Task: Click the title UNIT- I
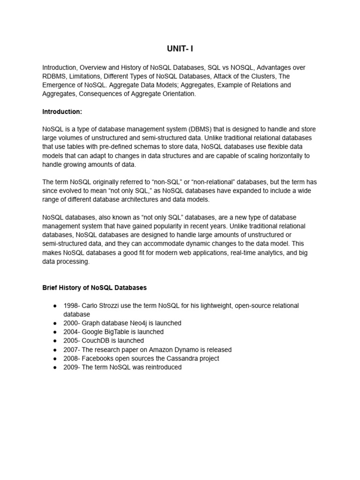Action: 180,49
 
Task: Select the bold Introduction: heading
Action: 62,112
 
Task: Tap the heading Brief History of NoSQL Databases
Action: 95,287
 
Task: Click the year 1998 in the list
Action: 71,306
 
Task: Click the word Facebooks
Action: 99,359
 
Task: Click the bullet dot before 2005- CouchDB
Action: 55,341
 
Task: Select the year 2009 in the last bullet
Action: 71,367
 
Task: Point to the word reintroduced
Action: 159,367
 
